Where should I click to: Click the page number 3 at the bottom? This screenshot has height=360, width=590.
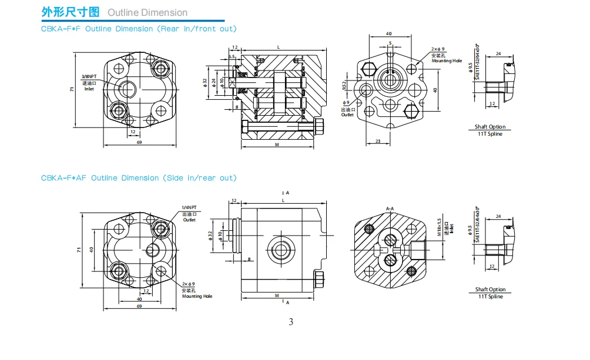[x=291, y=322]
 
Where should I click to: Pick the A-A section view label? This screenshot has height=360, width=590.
[x=390, y=208]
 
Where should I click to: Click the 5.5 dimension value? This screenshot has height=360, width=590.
[x=232, y=56]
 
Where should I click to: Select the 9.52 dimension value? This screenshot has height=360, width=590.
[x=344, y=86]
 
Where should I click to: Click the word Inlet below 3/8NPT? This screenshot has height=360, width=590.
[x=89, y=89]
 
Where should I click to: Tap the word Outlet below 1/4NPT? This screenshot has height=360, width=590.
[x=189, y=220]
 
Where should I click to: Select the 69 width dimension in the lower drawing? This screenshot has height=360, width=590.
[x=139, y=306]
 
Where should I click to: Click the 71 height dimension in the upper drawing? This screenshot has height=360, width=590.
[x=72, y=89]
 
